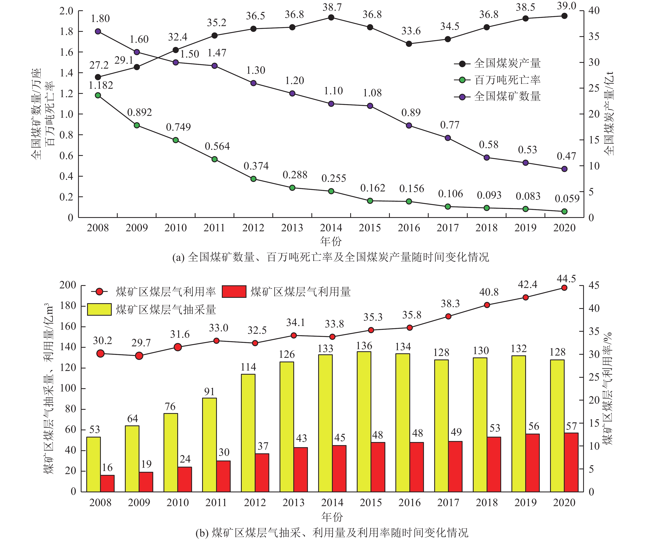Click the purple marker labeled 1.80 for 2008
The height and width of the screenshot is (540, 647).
(98, 31)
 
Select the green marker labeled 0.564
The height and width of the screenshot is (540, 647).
(215, 159)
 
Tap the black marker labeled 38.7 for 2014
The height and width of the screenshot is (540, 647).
(331, 17)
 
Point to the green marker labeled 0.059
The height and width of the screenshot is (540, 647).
(564, 211)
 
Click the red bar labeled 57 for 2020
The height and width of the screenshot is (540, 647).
(571, 462)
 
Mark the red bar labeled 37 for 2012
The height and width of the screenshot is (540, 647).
(262, 473)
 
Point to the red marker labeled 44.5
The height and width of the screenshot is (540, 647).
(564, 288)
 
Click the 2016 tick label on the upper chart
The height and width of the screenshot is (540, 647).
(409, 228)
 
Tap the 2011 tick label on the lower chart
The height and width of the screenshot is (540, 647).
(216, 503)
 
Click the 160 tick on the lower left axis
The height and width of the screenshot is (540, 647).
(68, 327)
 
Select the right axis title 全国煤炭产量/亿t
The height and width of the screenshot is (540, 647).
(609, 114)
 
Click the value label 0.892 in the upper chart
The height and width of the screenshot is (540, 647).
(140, 112)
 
